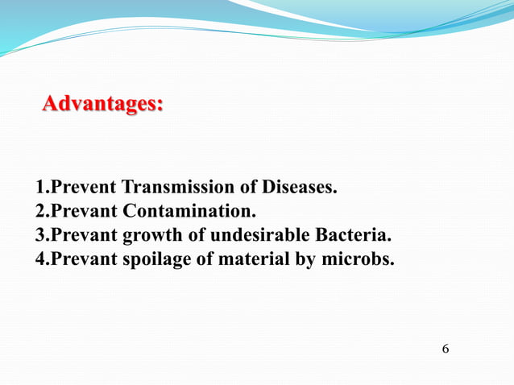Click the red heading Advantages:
102,105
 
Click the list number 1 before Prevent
41,188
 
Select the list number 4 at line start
41,260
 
